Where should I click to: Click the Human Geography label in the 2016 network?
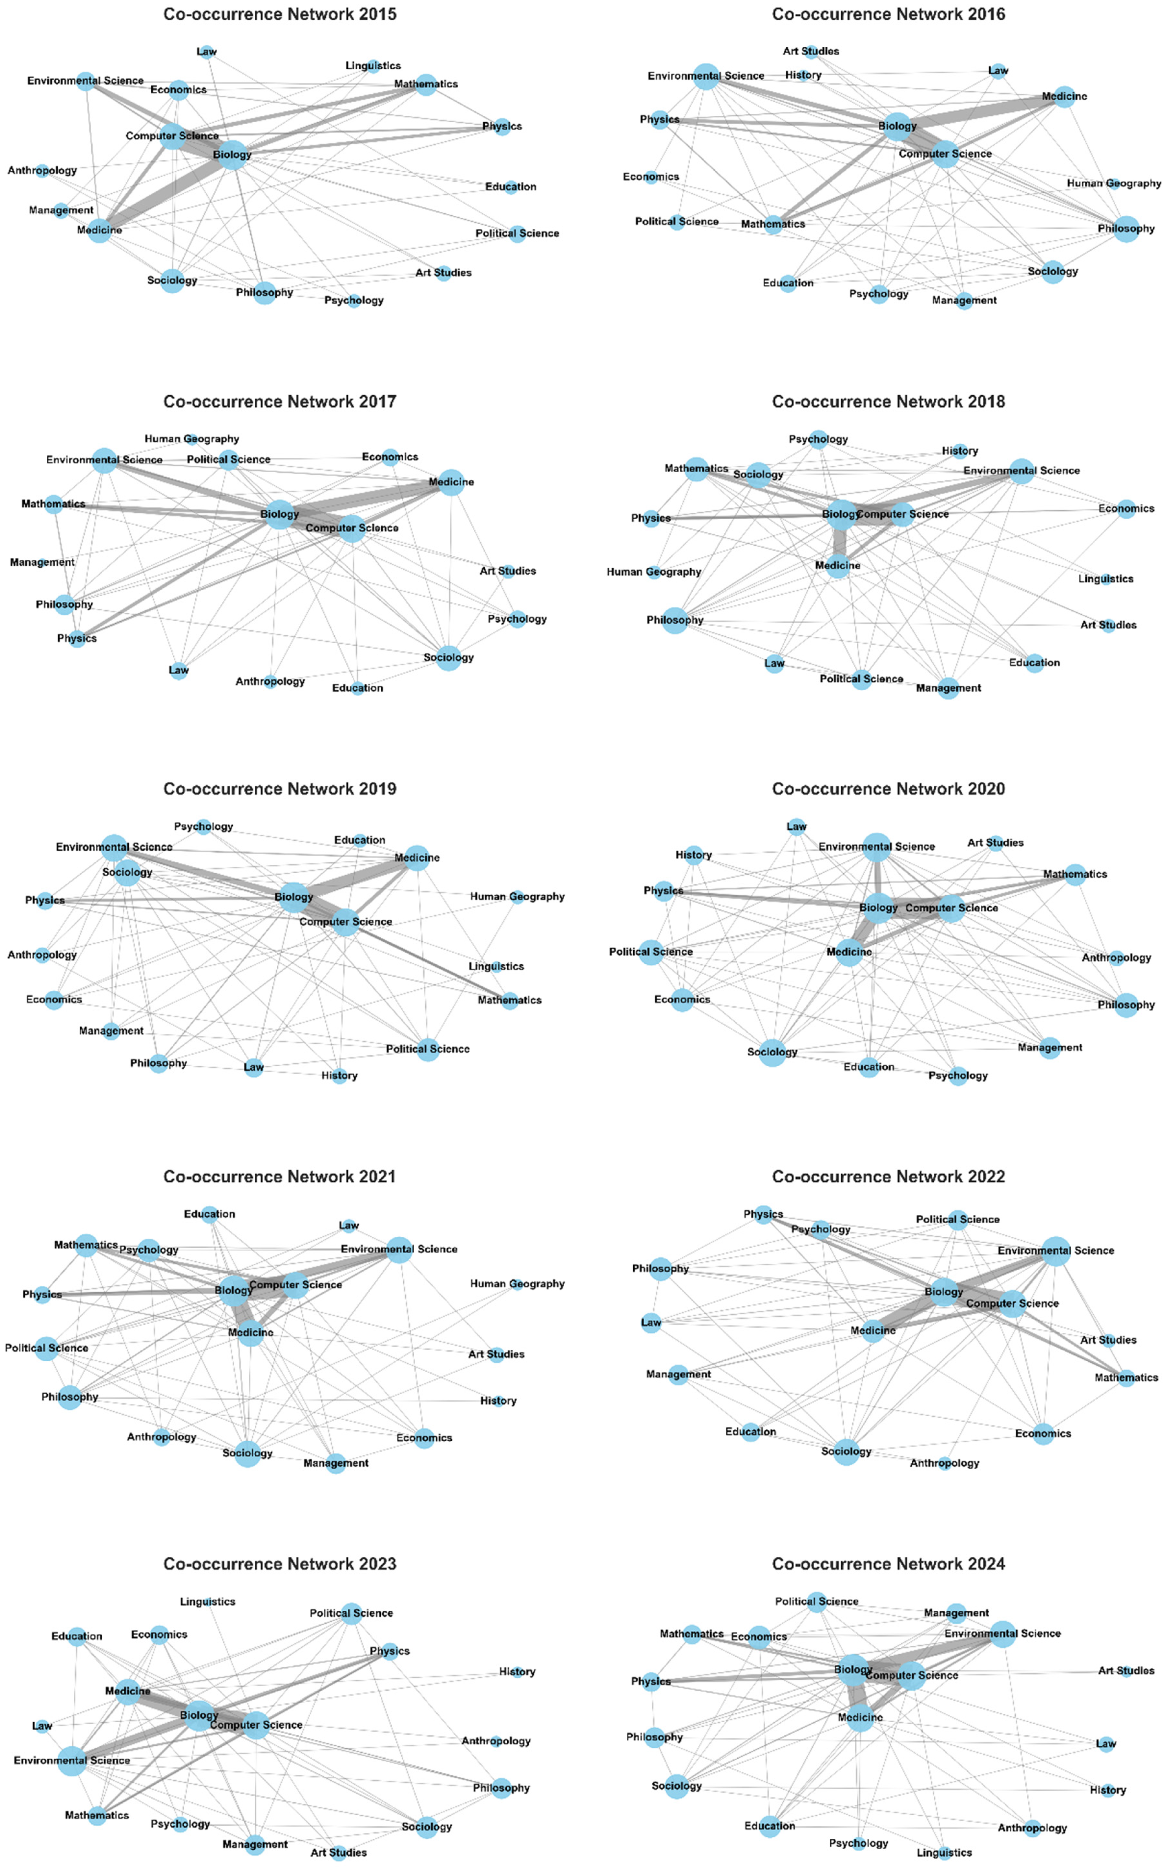[x=1113, y=183]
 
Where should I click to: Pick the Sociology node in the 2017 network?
[x=448, y=658]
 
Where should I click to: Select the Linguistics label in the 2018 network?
[x=1106, y=578]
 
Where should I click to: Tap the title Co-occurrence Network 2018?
[x=888, y=401]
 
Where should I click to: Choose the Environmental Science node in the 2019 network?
[x=114, y=847]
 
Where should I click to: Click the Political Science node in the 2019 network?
[x=428, y=1049]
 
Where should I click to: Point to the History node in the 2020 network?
[x=694, y=855]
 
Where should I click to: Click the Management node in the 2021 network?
[x=336, y=1463]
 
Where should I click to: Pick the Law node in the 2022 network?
[x=651, y=1323]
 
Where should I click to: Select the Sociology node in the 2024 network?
[x=677, y=1786]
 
